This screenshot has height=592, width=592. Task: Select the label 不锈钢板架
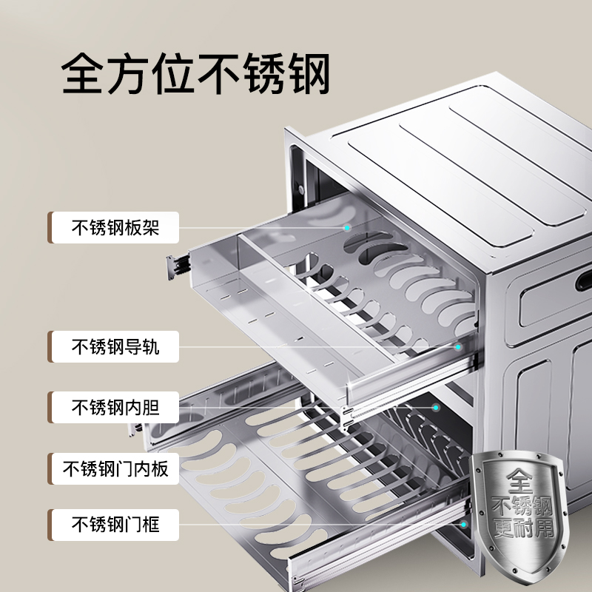point(115,228)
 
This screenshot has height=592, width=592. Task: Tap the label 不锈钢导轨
point(115,346)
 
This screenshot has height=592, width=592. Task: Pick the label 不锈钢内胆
point(115,406)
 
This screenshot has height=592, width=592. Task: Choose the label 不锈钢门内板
point(115,468)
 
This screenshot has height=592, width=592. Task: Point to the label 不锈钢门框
point(115,525)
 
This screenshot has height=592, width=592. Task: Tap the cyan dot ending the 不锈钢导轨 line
point(458,346)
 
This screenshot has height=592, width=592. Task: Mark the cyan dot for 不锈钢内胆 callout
point(436,406)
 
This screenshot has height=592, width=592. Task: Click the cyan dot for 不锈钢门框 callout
point(465,525)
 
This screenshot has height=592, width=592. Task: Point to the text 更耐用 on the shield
point(522,531)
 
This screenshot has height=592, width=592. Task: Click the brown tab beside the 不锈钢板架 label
point(50,228)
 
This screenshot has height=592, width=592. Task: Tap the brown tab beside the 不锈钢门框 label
point(50,525)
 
